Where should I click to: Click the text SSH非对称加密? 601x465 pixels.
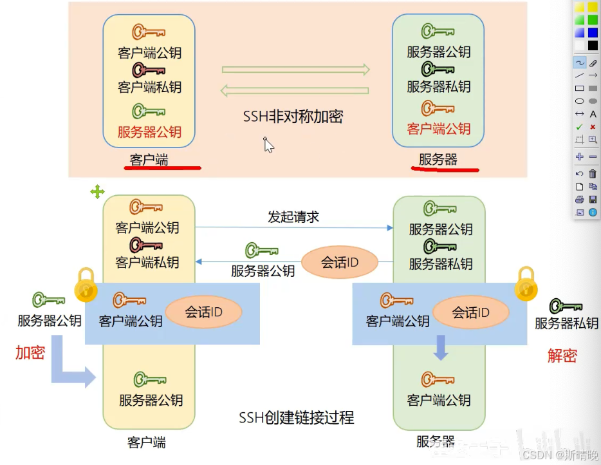click(x=293, y=117)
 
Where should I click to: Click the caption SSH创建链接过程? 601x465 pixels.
click(x=297, y=417)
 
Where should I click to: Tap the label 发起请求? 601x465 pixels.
click(x=293, y=216)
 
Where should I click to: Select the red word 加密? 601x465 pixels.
click(x=30, y=352)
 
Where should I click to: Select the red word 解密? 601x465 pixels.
click(x=562, y=355)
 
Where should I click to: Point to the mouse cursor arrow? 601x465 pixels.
click(x=268, y=145)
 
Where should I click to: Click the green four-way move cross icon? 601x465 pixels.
click(x=97, y=191)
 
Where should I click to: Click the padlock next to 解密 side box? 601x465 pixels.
click(x=526, y=285)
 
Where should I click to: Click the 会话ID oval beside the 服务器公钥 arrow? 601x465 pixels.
click(x=339, y=262)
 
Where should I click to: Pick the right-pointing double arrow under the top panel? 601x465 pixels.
click(x=296, y=70)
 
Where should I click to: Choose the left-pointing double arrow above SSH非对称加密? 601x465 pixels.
click(x=295, y=91)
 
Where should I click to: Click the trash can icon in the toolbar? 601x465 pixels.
click(x=593, y=174)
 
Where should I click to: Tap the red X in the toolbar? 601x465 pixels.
click(x=593, y=127)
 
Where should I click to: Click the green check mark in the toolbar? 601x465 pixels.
click(x=579, y=127)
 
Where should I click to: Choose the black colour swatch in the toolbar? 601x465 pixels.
click(x=593, y=46)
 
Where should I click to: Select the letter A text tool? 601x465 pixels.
click(x=593, y=114)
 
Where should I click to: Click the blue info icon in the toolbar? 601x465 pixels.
click(x=593, y=212)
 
